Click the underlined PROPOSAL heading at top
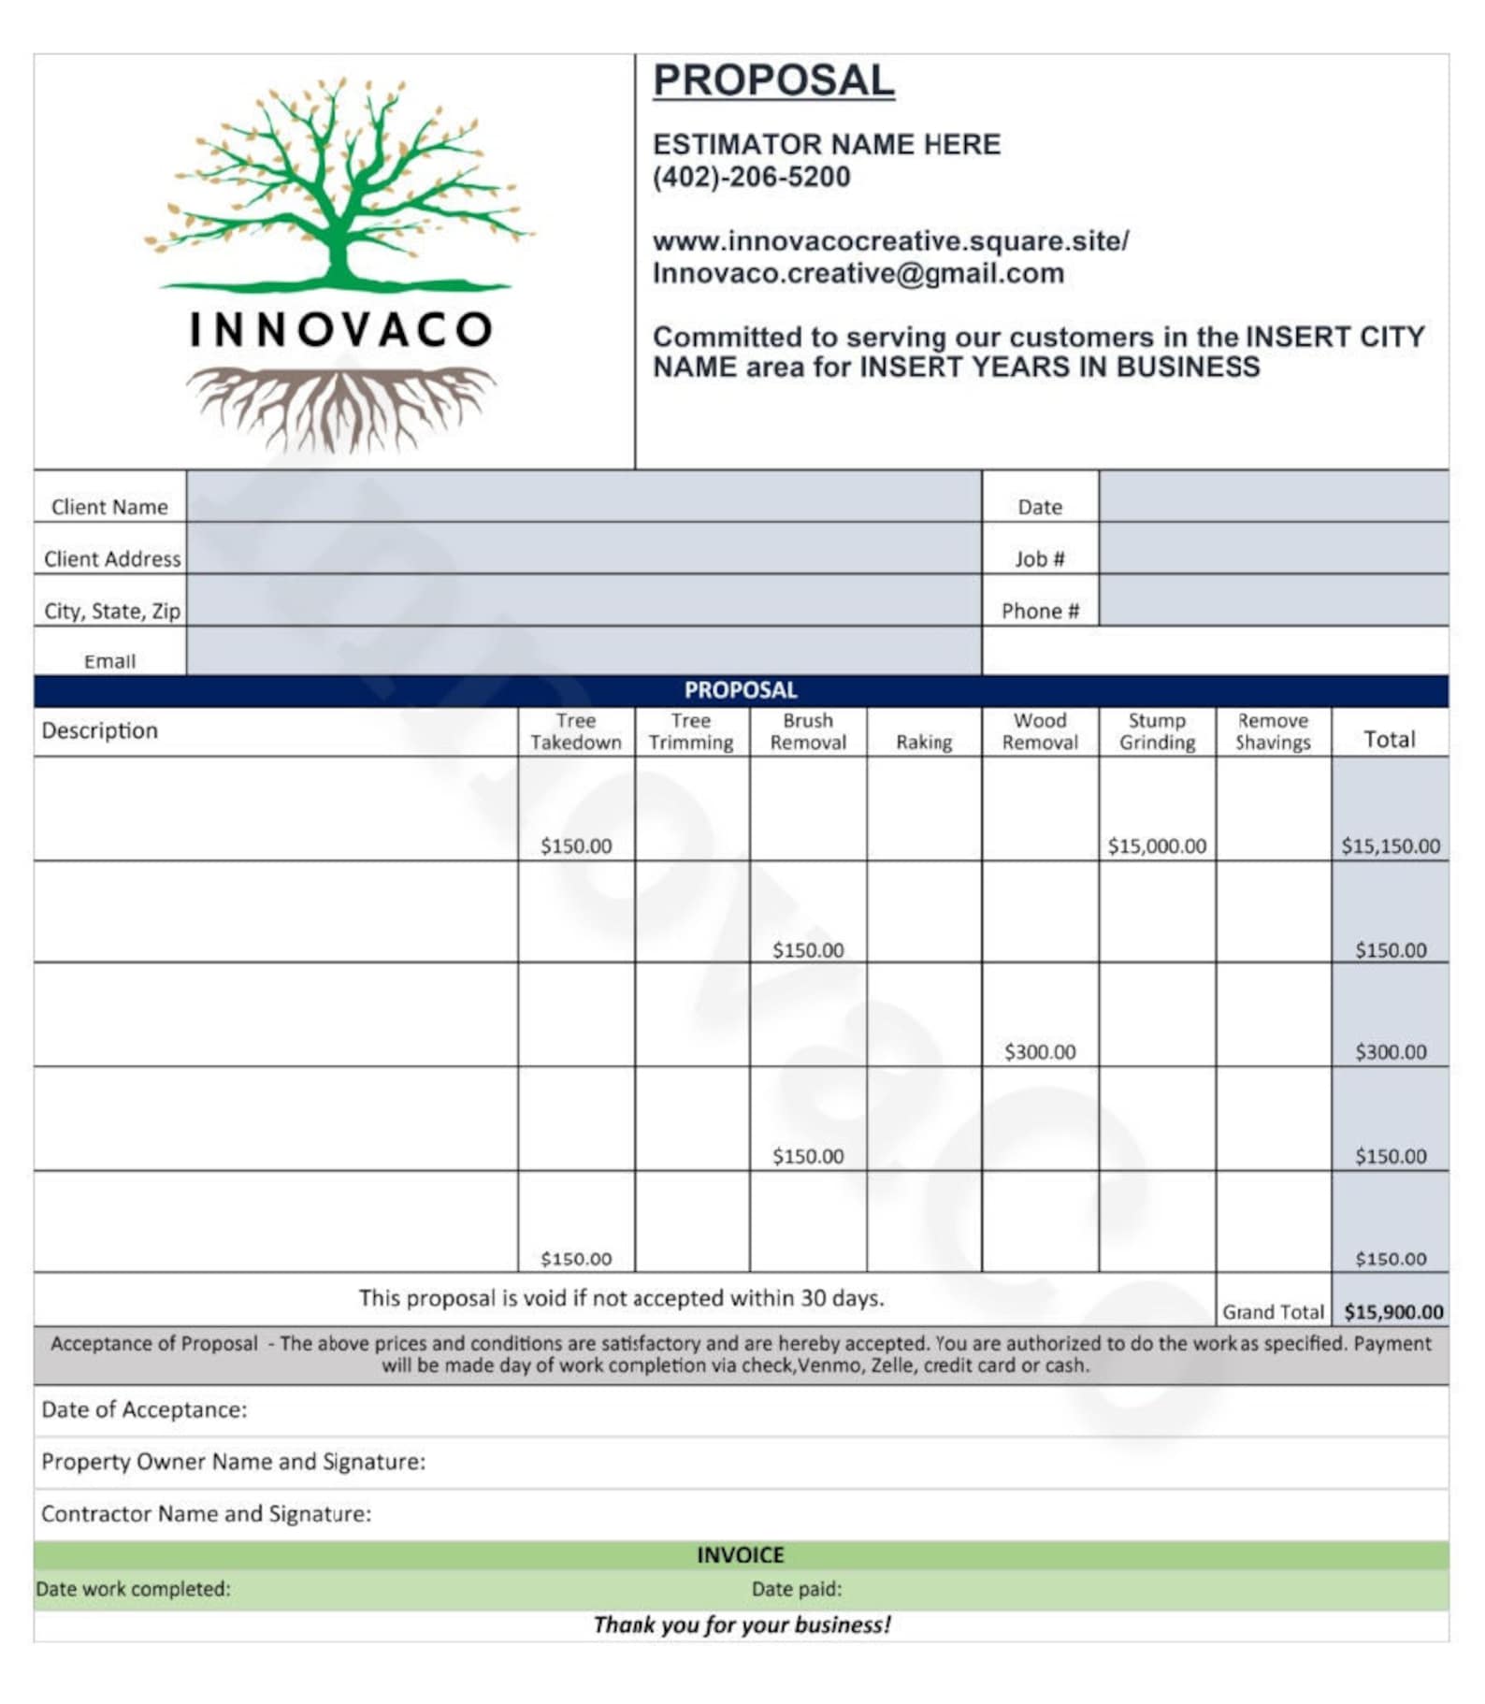[772, 79]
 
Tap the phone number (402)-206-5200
[751, 177]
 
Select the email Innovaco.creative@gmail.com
[858, 273]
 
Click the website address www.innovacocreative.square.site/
[890, 241]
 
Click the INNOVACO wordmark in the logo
[340, 329]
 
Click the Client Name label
[109, 507]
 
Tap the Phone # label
[1040, 611]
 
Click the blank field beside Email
[584, 651]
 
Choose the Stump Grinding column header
[1157, 731]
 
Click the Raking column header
[923, 742]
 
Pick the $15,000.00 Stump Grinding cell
[1157, 845]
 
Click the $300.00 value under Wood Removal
[1039, 1051]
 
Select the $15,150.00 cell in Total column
[1390, 845]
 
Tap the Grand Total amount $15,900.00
[1392, 1311]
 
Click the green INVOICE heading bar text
[740, 1554]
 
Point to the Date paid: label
[796, 1588]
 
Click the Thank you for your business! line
[742, 1625]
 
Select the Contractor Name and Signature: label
[206, 1513]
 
